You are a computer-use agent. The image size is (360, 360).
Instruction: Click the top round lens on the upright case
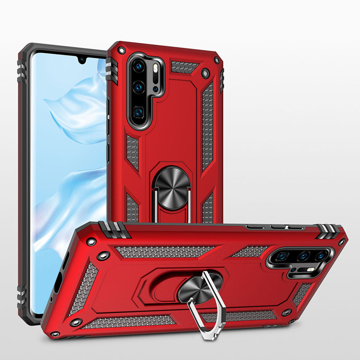click(139, 66)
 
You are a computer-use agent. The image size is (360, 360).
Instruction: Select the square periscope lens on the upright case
click(139, 112)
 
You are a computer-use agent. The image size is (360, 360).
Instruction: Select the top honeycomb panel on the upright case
click(184, 67)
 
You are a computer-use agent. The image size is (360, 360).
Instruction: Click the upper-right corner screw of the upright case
click(217, 60)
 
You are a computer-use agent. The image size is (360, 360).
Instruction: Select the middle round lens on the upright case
click(139, 87)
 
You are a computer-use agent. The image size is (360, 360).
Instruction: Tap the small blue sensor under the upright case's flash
click(155, 89)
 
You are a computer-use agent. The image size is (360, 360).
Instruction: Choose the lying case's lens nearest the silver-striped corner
click(321, 256)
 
